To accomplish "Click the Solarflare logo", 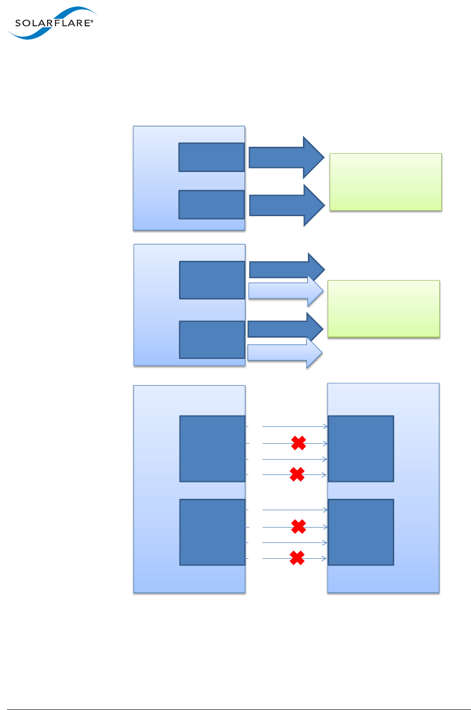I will tap(52, 23).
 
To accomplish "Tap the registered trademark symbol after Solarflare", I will tap(92, 21).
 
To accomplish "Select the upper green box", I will tap(385, 182).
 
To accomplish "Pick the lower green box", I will tap(383, 308).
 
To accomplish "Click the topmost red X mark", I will tap(298, 443).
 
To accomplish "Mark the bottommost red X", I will tap(297, 558).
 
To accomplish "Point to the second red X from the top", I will tap(297, 474).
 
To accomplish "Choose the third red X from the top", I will tap(298, 527).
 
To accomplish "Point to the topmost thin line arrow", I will tap(294, 426).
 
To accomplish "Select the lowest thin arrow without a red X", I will tap(294, 543).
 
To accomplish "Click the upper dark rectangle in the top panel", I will tap(211, 157).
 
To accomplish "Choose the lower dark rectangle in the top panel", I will tap(211, 204).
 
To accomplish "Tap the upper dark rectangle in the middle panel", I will tap(212, 280).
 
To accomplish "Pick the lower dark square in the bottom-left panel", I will tap(212, 532).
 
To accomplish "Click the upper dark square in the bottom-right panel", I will tap(360, 449).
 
